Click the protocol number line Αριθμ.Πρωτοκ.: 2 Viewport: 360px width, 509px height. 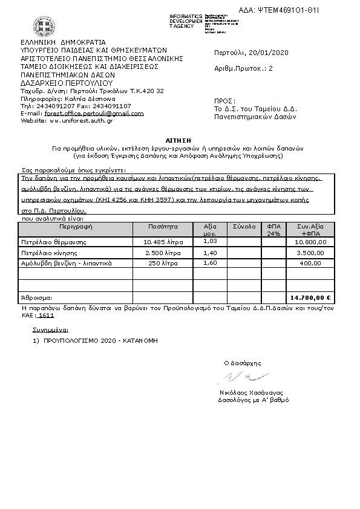pos(244,68)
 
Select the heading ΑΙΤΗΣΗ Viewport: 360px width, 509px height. pos(180,140)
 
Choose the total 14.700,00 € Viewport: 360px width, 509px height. pos(311,297)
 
